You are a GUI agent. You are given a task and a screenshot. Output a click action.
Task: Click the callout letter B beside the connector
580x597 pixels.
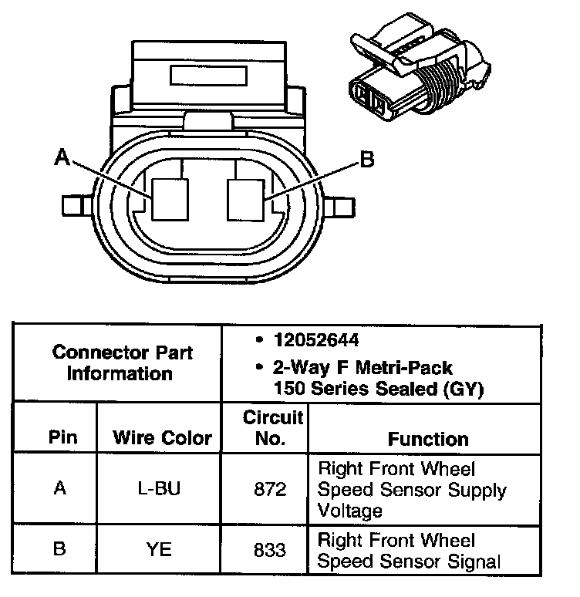click(367, 160)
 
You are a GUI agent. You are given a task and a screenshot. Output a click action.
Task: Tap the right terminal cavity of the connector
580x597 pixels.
click(245, 198)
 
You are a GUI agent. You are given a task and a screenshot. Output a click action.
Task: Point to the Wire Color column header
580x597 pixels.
click(162, 438)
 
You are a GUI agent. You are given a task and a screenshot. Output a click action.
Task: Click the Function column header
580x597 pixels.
click(428, 439)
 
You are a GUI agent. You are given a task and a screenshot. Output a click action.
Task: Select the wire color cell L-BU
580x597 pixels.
click(162, 489)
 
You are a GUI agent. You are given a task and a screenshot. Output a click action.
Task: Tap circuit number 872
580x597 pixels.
click(269, 489)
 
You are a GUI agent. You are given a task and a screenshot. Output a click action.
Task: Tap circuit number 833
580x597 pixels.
click(269, 550)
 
